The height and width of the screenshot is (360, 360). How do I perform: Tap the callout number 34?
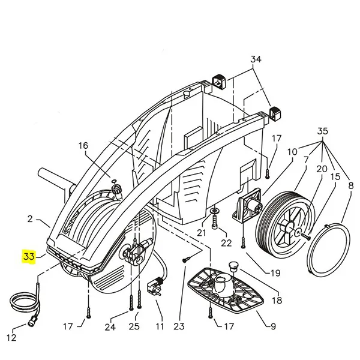click(x=256, y=59)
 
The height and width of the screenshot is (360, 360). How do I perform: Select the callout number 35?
click(x=323, y=131)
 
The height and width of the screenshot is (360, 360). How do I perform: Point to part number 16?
click(x=83, y=146)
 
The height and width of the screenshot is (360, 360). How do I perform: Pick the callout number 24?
click(x=110, y=327)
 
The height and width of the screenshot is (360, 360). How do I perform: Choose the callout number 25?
click(x=134, y=327)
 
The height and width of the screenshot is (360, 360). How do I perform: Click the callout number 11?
click(x=160, y=327)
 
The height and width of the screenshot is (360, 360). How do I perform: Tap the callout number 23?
click(x=179, y=327)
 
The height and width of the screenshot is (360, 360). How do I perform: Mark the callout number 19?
click(x=275, y=273)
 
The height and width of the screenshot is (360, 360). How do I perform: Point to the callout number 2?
click(x=30, y=219)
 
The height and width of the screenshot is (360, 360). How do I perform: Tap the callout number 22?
click(x=226, y=242)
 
